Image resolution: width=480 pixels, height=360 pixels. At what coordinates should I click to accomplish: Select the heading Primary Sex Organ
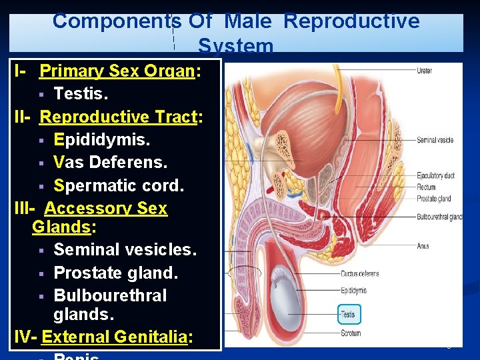pyautogui.click(x=117, y=71)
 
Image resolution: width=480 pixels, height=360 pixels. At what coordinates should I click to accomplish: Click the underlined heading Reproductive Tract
pyautogui.click(x=121, y=117)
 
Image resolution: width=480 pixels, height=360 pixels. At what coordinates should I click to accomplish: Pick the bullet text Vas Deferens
pyautogui.click(x=110, y=163)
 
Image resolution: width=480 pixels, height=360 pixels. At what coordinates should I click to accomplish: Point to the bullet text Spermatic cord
pyautogui.click(x=119, y=185)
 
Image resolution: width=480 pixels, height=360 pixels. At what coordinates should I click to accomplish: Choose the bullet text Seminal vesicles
pyautogui.click(x=125, y=249)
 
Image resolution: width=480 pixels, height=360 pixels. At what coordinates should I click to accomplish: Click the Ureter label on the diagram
pyautogui.click(x=425, y=71)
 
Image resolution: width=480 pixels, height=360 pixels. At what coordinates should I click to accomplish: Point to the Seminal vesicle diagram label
pyautogui.click(x=435, y=140)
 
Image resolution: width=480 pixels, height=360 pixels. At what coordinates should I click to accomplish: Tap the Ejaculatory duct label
pyautogui.click(x=435, y=175)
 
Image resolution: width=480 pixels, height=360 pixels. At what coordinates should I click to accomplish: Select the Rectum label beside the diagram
pyautogui.click(x=426, y=187)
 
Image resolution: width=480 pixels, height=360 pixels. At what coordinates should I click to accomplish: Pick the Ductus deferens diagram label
pyautogui.click(x=360, y=274)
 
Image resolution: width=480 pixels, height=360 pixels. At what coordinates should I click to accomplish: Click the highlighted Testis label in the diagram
pyautogui.click(x=348, y=314)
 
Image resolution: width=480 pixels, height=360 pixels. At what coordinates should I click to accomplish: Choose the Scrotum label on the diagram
pyautogui.click(x=351, y=333)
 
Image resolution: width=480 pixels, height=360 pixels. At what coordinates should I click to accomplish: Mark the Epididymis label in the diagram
pyautogui.click(x=353, y=291)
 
